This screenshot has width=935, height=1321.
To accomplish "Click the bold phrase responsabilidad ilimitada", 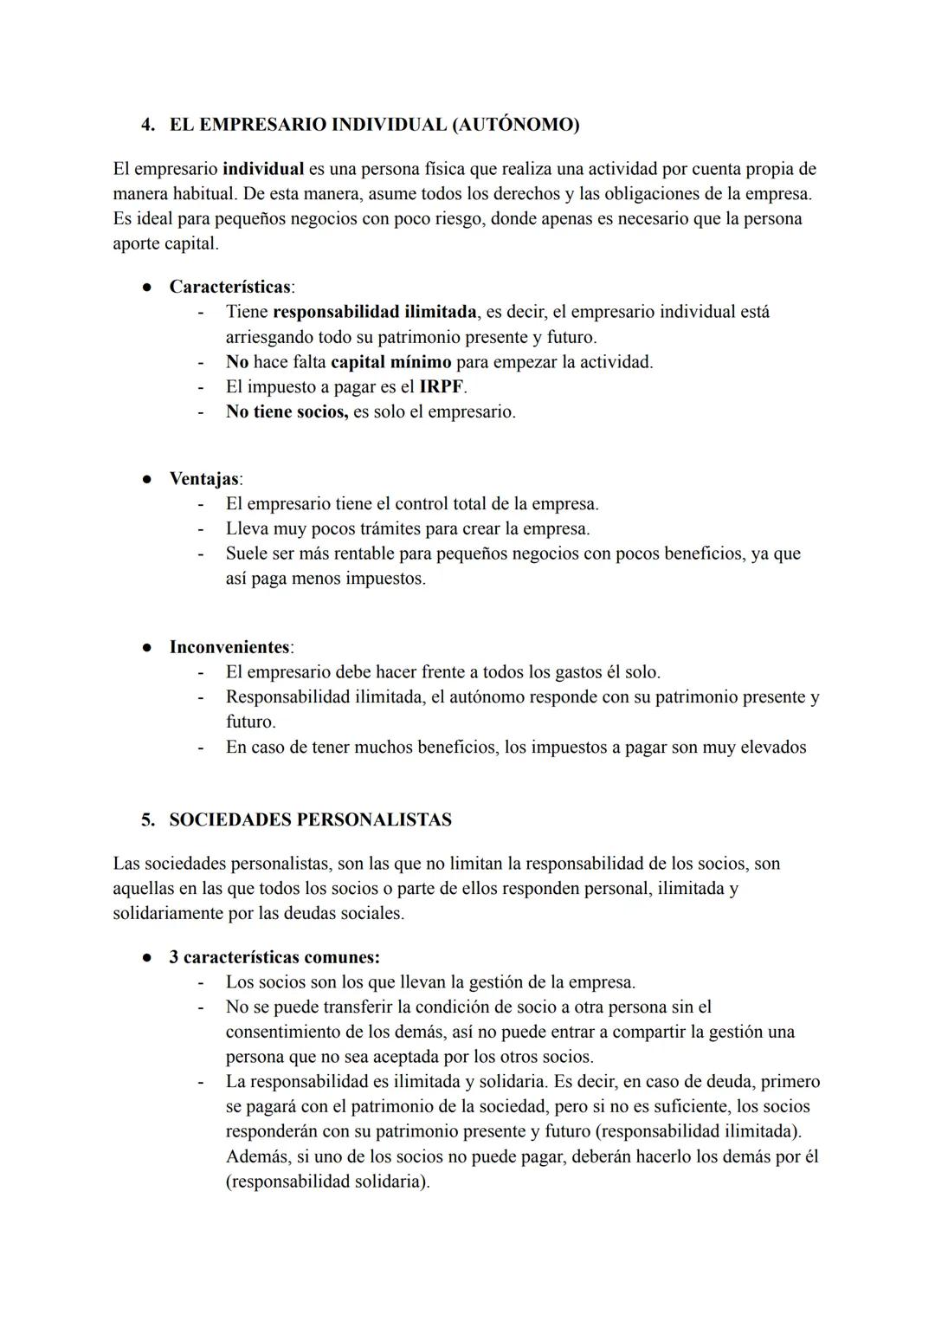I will coord(375,312).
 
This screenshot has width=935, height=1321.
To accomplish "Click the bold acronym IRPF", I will coord(442,387).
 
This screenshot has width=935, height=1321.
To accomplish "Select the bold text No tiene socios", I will coord(287,412).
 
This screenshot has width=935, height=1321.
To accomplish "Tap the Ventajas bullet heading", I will coord(204,479).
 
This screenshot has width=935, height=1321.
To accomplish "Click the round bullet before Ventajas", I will coord(148,479).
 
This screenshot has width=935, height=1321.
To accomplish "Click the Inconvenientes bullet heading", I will coord(229,648).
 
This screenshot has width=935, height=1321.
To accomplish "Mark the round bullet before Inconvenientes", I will coord(148,648).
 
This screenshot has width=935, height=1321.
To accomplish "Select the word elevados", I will coord(773,748).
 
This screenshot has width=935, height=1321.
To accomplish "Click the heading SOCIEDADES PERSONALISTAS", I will coord(310,820).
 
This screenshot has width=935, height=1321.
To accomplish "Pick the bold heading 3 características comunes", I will coord(274,958).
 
